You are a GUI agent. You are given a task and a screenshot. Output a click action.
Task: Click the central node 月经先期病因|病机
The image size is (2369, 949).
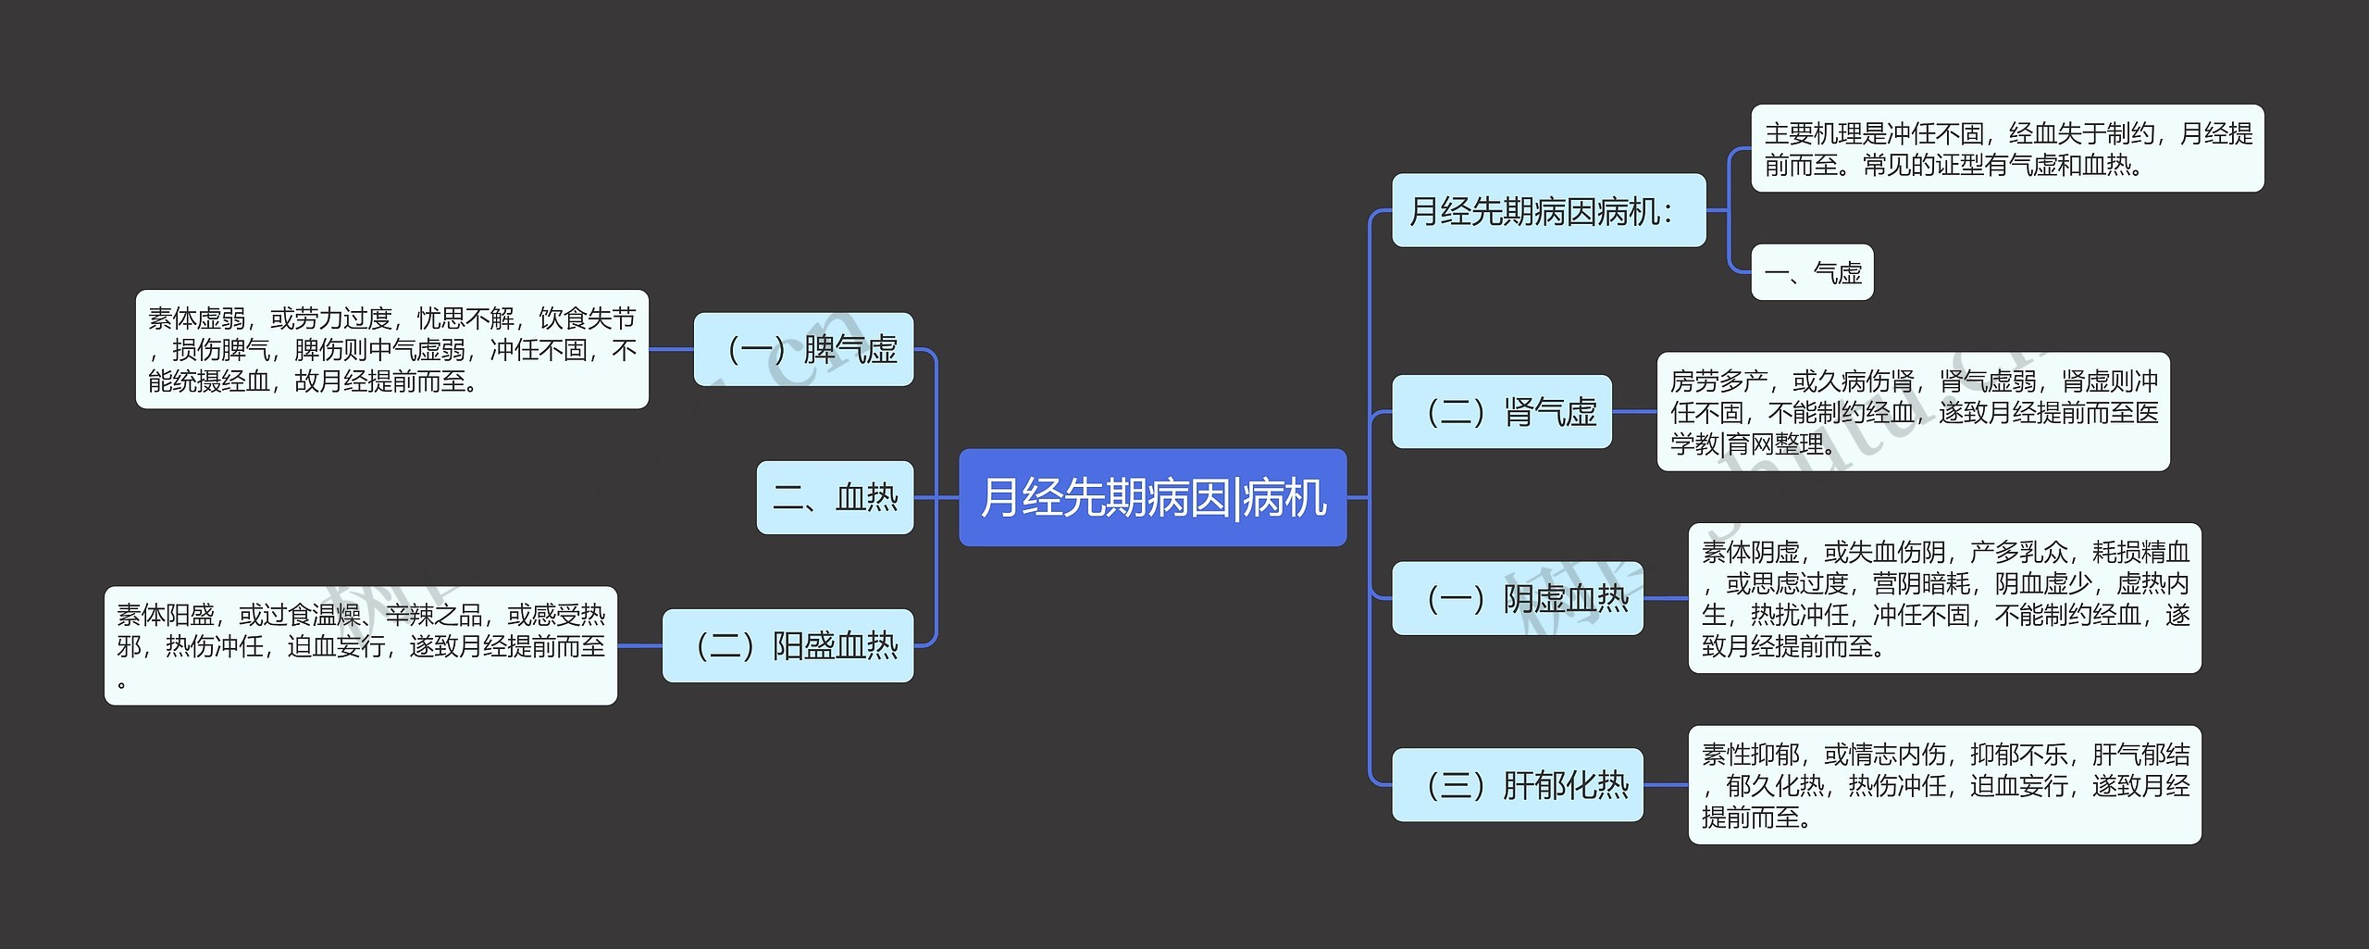[1152, 497]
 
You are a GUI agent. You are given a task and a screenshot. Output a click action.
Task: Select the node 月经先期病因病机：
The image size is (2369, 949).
[1548, 210]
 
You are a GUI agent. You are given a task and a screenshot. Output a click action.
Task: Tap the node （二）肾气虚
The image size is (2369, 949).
[1501, 412]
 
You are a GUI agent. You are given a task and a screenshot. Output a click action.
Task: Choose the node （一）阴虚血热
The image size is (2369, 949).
[1517, 598]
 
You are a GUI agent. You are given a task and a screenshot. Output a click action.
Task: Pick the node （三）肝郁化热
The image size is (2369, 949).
[1517, 785]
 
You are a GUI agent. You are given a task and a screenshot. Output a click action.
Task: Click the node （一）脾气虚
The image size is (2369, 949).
[803, 349]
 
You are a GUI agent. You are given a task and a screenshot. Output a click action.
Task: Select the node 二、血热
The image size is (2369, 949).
[835, 497]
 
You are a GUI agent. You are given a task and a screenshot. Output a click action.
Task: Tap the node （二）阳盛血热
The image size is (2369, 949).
[788, 645]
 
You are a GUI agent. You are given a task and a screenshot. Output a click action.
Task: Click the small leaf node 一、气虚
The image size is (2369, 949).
[1812, 272]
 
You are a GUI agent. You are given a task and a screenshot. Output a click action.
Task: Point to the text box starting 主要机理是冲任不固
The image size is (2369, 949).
[2007, 148]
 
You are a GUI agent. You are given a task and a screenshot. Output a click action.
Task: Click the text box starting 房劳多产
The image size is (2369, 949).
[1913, 412]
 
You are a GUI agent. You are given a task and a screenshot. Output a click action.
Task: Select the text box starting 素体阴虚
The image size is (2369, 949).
[1944, 598]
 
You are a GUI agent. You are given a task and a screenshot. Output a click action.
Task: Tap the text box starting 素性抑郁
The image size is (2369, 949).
[1944, 785]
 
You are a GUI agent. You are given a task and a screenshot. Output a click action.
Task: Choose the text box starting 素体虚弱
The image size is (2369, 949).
[391, 349]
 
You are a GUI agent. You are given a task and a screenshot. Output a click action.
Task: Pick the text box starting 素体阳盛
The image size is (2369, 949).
[360, 645]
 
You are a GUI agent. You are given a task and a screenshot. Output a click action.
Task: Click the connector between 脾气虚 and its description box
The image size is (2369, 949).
[671, 349]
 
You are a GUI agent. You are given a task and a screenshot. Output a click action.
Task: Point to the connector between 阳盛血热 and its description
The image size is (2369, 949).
[639, 645]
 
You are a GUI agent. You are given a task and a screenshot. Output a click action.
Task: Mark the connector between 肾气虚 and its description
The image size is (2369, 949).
[1634, 412]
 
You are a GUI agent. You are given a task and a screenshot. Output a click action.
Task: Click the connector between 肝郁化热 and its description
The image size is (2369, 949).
[1666, 785]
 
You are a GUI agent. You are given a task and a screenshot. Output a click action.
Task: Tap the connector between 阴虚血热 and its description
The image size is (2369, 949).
[1666, 598]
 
